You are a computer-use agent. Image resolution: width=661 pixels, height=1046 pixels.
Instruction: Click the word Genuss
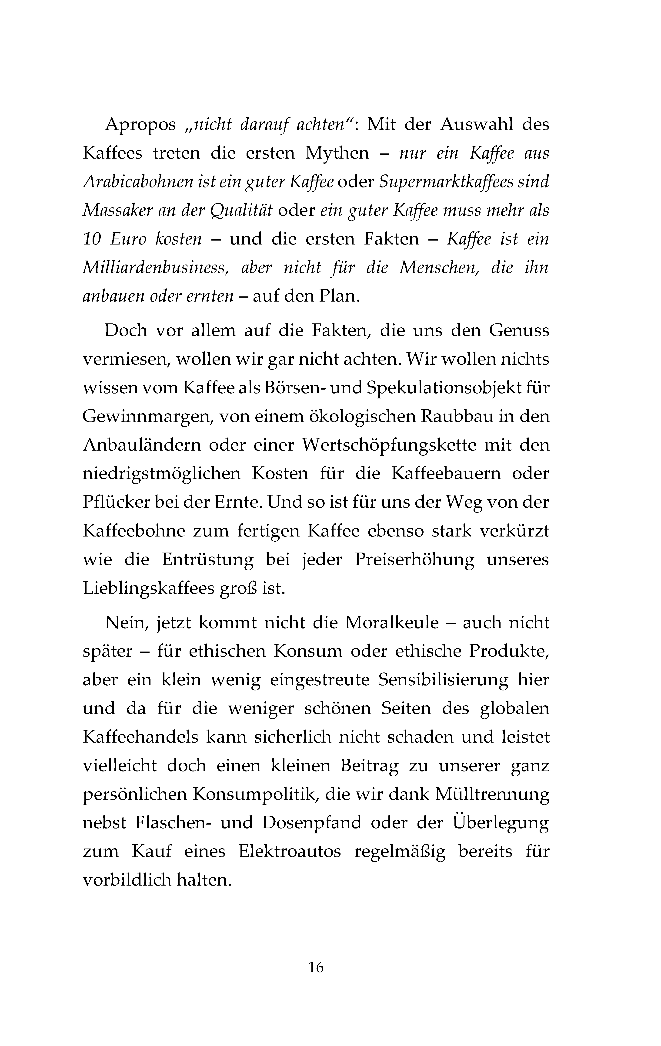pyautogui.click(x=519, y=331)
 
